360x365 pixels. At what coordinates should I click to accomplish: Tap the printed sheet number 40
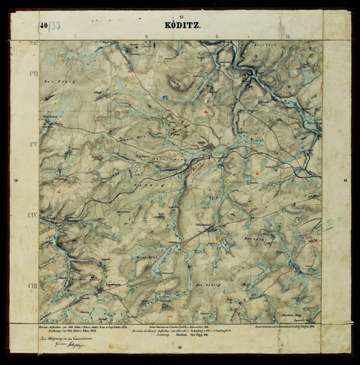(44, 25)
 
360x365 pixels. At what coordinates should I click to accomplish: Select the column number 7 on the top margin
(75, 36)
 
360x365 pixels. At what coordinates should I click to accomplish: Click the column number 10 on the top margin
(287, 36)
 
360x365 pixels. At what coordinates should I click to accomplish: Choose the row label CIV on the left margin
(32, 215)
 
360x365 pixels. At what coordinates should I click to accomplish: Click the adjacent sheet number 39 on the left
(16, 181)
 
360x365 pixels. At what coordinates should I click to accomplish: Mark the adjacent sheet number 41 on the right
(345, 181)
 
